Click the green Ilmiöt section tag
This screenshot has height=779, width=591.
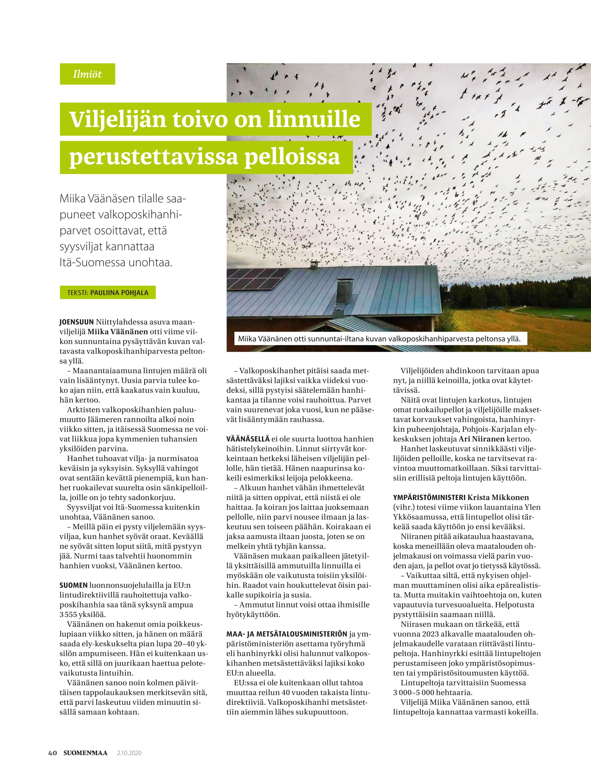click(x=87, y=74)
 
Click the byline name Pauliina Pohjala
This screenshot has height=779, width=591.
click(x=119, y=293)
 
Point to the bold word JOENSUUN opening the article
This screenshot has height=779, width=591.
click(x=77, y=322)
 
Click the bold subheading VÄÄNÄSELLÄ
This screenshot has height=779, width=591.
click(x=248, y=439)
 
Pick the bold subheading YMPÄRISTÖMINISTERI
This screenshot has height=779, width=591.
click(x=429, y=497)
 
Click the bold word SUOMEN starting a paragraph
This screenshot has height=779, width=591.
click(x=73, y=585)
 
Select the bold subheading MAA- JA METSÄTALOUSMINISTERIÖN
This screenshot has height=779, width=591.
click(x=287, y=634)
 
